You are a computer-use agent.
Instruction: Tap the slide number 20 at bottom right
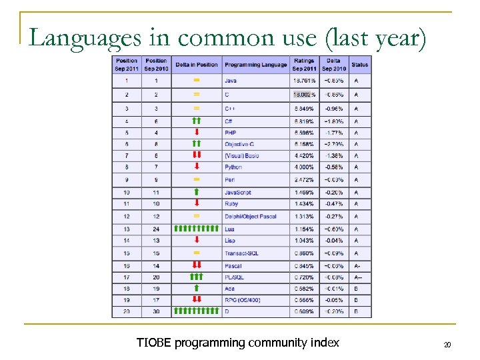pyautogui.click(x=447, y=345)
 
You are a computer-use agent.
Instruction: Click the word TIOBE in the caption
pyautogui.click(x=153, y=343)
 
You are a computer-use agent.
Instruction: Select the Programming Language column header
pyautogui.click(x=256, y=65)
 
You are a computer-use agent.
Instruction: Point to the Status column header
pyautogui.click(x=359, y=65)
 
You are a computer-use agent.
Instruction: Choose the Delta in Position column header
pyautogui.click(x=196, y=65)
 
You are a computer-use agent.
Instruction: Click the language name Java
pyautogui.click(x=231, y=81)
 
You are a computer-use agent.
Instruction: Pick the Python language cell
pyautogui.click(x=233, y=167)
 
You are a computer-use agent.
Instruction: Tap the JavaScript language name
pyautogui.click(x=238, y=193)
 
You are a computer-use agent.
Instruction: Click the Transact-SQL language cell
pyautogui.click(x=241, y=253)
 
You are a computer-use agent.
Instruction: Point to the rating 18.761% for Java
pyautogui.click(x=304, y=81)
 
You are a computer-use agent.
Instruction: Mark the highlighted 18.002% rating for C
pyautogui.click(x=304, y=95)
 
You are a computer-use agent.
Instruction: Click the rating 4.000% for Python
pyautogui.click(x=304, y=167)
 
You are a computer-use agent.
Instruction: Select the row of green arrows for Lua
pyautogui.click(x=196, y=229)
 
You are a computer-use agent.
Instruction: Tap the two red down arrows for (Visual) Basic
pyautogui.click(x=196, y=155)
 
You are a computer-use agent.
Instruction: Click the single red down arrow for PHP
pyautogui.click(x=196, y=133)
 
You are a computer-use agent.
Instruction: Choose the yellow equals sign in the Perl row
pyautogui.click(x=196, y=179)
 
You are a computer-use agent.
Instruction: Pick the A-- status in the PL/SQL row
pyautogui.click(x=359, y=277)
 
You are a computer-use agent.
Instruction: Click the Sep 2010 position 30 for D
pyautogui.click(x=155, y=311)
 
